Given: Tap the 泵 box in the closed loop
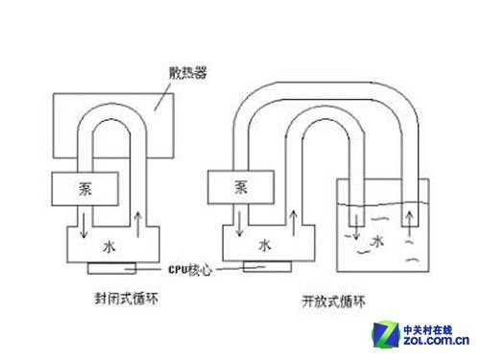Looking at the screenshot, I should [85, 186].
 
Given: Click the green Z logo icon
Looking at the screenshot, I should [385, 330].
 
